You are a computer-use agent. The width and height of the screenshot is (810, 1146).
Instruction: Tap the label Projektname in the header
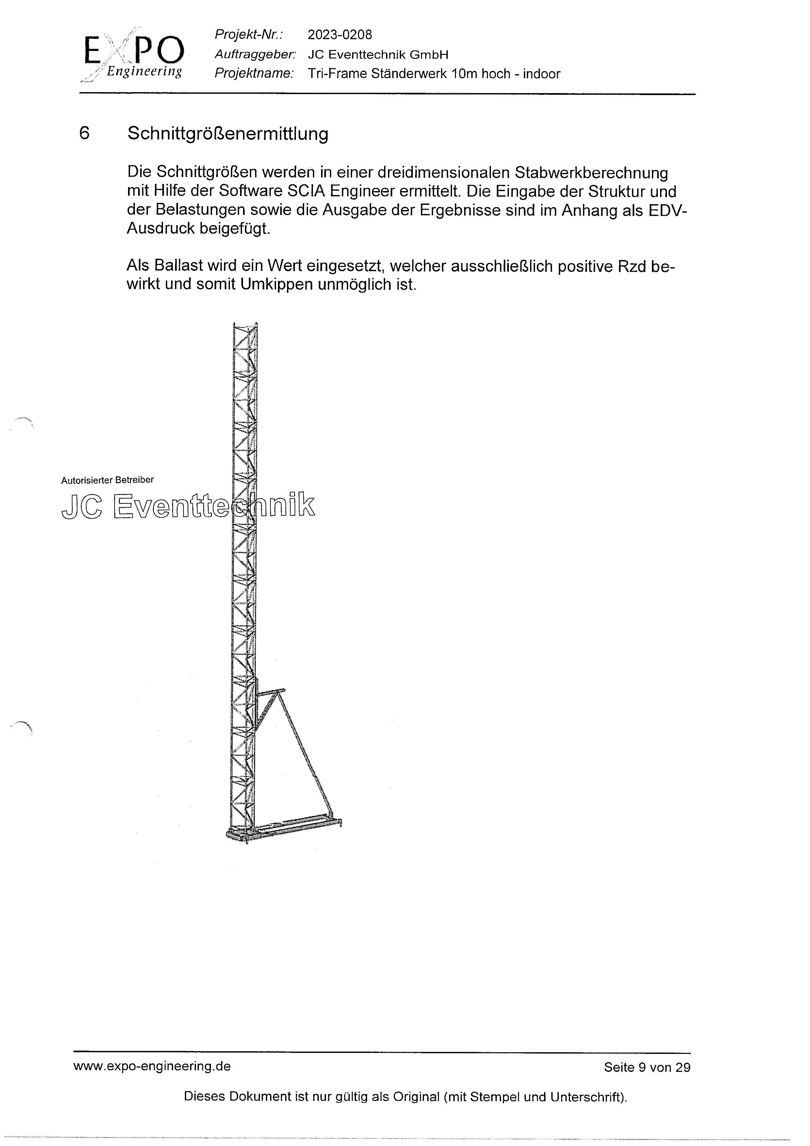253,74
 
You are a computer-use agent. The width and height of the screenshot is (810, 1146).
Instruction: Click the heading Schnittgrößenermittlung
228,134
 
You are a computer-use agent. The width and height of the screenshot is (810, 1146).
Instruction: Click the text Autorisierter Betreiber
107,480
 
